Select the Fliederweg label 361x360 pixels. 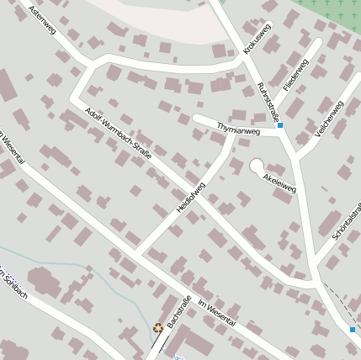click(x=296, y=76)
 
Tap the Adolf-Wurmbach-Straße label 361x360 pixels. click(x=118, y=133)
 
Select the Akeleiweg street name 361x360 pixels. click(x=280, y=183)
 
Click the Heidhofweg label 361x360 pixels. click(x=189, y=202)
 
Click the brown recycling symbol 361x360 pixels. click(x=157, y=328)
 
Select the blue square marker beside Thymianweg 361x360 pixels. click(x=280, y=126)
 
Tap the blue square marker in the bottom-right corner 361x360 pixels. click(x=352, y=330)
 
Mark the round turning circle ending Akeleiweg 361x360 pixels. click(x=257, y=166)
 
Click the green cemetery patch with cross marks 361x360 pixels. click(x=328, y=10)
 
